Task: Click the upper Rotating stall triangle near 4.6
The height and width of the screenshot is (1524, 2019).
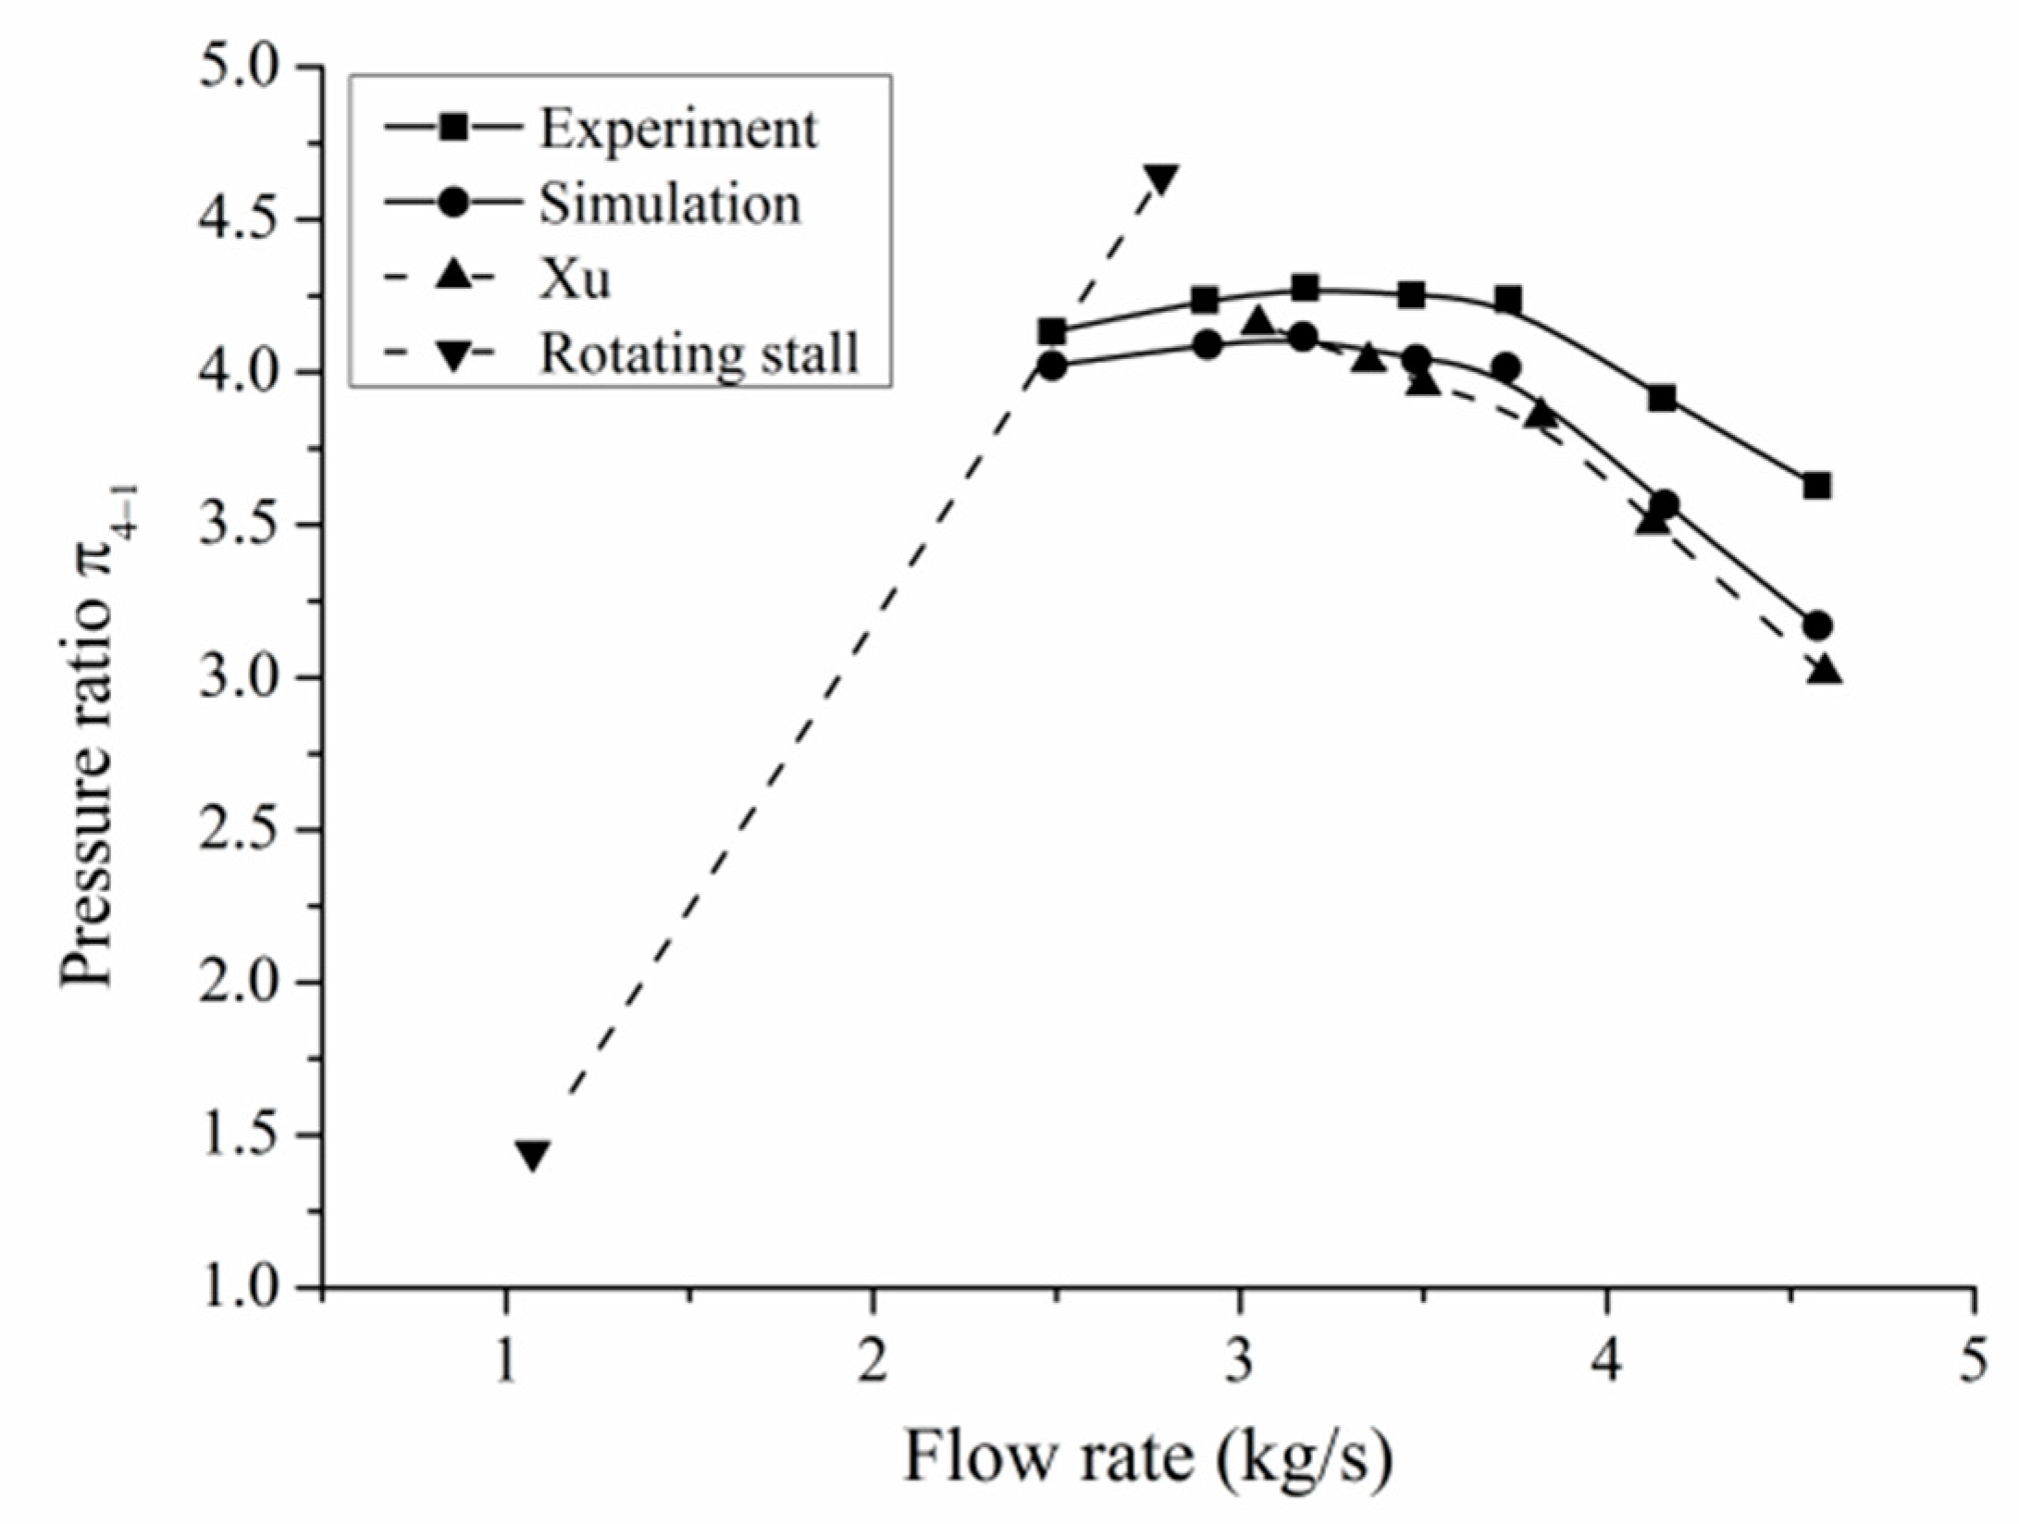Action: [x=1160, y=178]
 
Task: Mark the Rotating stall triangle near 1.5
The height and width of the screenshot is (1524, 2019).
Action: [x=533, y=1155]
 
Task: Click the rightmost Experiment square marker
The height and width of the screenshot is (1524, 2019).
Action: [x=1816, y=486]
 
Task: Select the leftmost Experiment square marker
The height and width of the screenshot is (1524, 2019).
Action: [x=1051, y=331]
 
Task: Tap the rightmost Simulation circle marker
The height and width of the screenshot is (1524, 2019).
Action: [x=1817, y=626]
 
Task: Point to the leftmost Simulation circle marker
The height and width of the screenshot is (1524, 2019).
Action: [x=1052, y=366]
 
